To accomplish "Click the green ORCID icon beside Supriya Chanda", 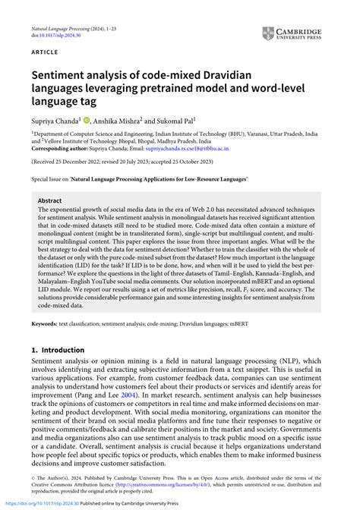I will click(87, 120).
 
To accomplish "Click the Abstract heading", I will click(51, 201).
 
